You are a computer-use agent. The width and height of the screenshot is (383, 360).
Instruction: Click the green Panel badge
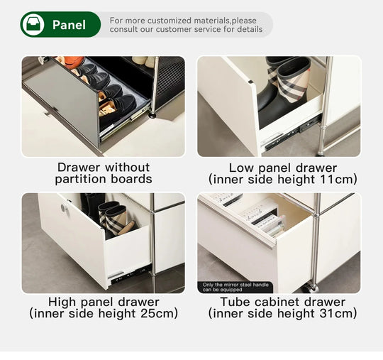coord(60,25)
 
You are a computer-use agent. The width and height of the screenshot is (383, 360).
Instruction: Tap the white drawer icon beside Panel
coord(33,25)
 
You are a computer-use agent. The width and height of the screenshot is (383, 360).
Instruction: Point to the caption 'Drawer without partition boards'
coord(104,173)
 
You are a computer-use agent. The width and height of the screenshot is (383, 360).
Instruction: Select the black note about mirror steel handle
coord(224,287)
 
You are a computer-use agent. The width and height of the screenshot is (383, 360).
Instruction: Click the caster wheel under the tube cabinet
coord(310,287)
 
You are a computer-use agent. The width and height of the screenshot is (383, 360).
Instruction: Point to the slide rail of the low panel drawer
coord(292,134)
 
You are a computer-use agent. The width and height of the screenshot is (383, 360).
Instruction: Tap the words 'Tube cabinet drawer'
coord(282,302)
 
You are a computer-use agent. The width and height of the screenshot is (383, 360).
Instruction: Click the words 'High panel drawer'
coord(104,302)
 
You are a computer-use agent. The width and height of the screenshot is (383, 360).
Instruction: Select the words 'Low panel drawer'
coord(282,168)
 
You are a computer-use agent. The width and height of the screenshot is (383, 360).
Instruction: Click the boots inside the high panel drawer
coord(115,217)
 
